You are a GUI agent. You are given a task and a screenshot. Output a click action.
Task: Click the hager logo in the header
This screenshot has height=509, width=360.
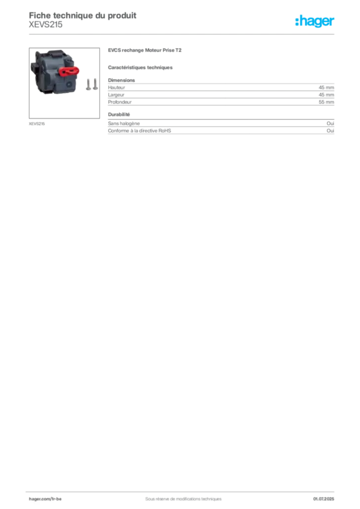pyautogui.click(x=315, y=21)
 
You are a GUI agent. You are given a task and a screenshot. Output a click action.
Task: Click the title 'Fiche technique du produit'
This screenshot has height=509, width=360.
pyautogui.click(x=83, y=15)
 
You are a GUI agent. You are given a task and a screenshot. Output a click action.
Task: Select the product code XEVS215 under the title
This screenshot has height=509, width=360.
pyautogui.click(x=45, y=25)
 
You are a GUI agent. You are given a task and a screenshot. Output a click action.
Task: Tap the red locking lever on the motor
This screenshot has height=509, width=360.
pyautogui.click(x=69, y=71)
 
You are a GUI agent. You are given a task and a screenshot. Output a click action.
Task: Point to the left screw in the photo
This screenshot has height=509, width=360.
pyautogui.click(x=89, y=85)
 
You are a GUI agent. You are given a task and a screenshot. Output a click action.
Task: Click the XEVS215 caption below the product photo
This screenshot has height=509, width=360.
pyautogui.click(x=37, y=124)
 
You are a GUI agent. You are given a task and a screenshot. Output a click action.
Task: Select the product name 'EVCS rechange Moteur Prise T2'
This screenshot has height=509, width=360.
pyautogui.click(x=145, y=50)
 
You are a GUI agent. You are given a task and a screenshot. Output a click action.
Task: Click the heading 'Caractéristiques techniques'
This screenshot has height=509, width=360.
pyautogui.click(x=140, y=68)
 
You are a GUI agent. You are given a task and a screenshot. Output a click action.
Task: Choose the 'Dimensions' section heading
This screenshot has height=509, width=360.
pyautogui.click(x=121, y=80)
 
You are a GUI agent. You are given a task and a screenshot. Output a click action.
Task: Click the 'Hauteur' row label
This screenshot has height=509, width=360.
pyautogui.click(x=116, y=87)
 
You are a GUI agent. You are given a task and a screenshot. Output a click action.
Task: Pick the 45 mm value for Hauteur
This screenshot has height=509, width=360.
pyautogui.click(x=326, y=87)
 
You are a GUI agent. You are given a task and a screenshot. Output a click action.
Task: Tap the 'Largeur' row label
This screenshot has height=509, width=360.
pyautogui.click(x=116, y=95)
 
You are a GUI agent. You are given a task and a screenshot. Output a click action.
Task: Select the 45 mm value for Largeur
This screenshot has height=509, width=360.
pyautogui.click(x=326, y=95)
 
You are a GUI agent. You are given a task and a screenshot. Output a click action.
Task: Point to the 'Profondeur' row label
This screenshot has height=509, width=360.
pyautogui.click(x=120, y=102)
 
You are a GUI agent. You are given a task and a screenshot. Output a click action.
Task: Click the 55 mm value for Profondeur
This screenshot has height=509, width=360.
pyautogui.click(x=326, y=102)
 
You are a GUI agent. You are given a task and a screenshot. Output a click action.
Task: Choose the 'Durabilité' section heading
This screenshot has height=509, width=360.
pyautogui.click(x=119, y=115)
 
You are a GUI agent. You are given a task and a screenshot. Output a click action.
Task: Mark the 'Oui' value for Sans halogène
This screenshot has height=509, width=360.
pyautogui.click(x=330, y=123)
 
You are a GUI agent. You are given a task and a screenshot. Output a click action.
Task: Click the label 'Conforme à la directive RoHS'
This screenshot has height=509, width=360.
pyautogui.click(x=140, y=131)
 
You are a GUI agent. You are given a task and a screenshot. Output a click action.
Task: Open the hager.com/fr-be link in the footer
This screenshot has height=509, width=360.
pyautogui.click(x=45, y=499)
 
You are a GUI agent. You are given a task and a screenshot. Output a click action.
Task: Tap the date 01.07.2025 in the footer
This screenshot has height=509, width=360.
pyautogui.click(x=324, y=499)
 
